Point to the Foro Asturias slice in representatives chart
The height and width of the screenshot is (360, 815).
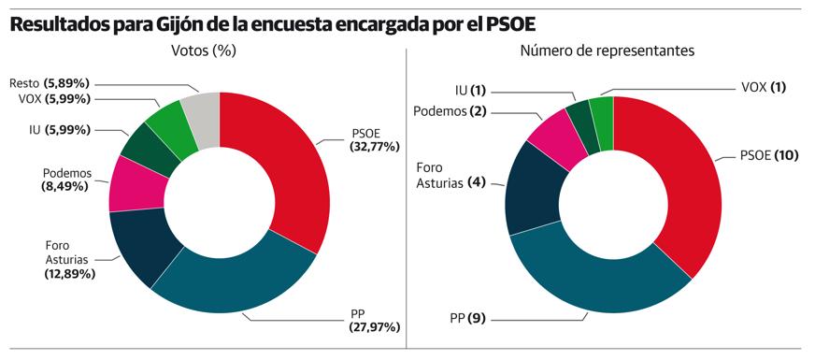(x=532, y=192)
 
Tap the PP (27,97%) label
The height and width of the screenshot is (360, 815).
(x=372, y=320)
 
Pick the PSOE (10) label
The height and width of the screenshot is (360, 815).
(x=767, y=155)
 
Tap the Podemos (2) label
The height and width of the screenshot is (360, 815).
(x=450, y=112)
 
